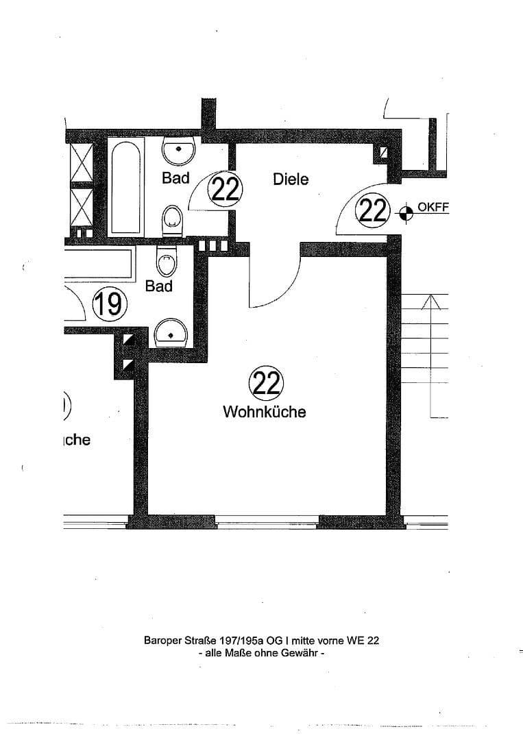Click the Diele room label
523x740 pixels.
(291, 180)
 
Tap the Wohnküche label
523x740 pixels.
(264, 412)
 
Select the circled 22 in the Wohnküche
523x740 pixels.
(266, 383)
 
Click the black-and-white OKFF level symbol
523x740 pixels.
(406, 213)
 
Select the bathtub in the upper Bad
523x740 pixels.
(126, 186)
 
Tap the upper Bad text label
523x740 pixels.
(175, 178)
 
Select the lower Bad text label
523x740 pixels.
(159, 286)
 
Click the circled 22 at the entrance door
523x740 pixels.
(372, 210)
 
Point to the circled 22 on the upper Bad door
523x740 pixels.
(226, 188)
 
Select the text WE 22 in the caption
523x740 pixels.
(363, 641)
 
